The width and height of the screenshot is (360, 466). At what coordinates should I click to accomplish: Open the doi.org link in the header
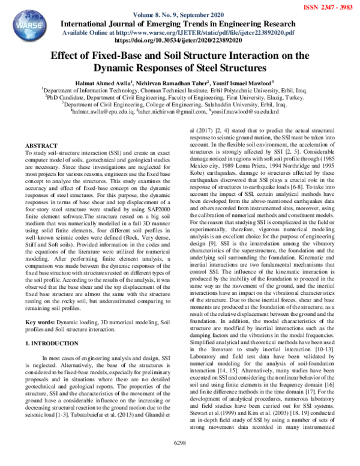coord(180,41)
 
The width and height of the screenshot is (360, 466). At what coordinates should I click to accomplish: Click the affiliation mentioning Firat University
coord(180,96)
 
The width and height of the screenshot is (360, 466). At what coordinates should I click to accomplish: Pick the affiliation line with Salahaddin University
coord(180,103)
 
